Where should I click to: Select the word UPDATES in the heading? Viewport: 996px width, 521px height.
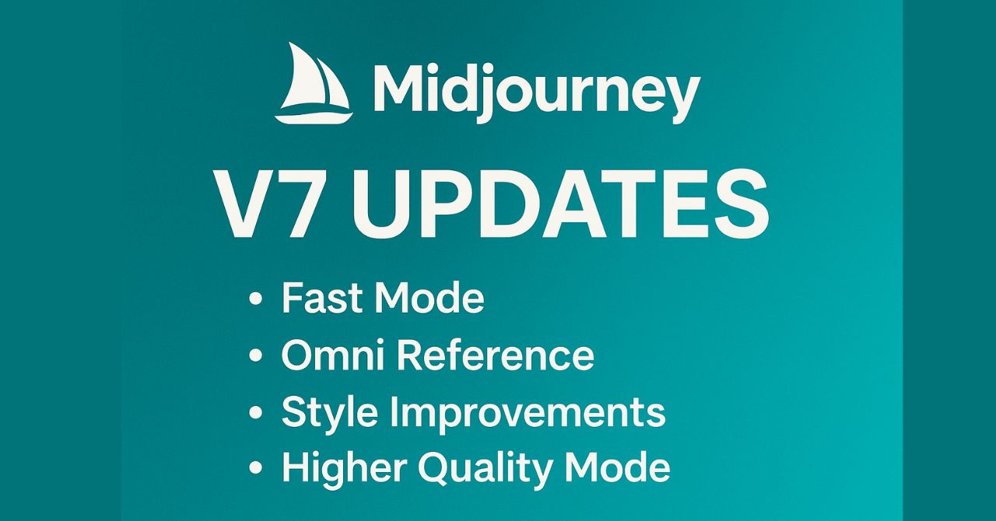tap(559, 204)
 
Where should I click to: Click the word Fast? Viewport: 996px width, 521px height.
tap(323, 299)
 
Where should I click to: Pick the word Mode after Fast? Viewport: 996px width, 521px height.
tap(430, 299)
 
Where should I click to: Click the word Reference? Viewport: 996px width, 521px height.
tap(496, 355)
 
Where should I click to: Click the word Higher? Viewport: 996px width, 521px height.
tap(345, 468)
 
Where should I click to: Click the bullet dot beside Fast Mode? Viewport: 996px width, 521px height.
tap(255, 299)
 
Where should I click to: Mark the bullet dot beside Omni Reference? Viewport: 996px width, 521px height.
tap(255, 355)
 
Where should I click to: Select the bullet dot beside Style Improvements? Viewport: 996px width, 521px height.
tap(255, 412)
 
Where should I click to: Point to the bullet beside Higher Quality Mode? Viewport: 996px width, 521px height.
tap(255, 468)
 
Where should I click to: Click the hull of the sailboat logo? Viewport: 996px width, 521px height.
tap(314, 117)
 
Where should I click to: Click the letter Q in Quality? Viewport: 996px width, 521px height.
tap(438, 470)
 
